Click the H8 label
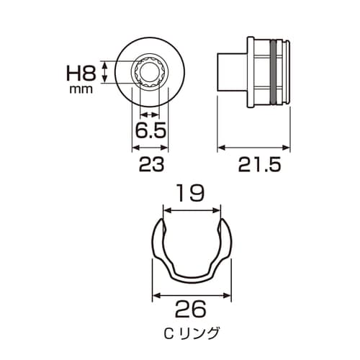pos(81,73)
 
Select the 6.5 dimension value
pos(149,131)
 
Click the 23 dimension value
pos(149,164)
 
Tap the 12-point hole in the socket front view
pos(150,72)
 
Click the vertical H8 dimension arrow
pos(106,72)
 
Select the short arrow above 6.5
pos(149,115)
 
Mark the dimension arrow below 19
pos(191,210)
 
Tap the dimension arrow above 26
pos(191,294)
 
